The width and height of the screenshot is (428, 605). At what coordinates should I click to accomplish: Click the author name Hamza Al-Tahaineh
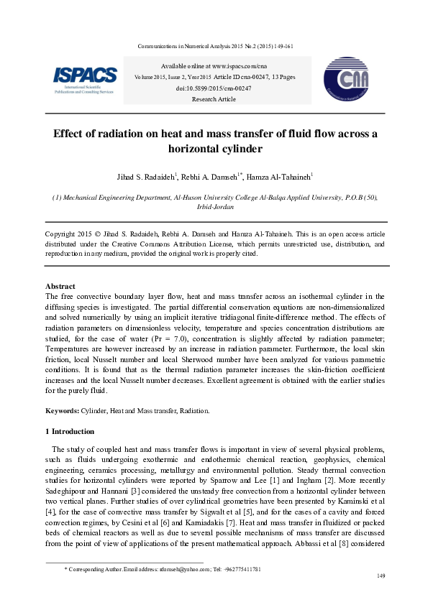[279, 177]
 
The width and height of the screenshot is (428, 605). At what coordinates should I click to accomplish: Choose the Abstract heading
[60, 286]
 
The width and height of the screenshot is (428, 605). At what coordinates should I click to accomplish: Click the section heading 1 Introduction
[69, 431]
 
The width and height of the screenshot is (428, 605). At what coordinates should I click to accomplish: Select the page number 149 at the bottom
[382, 576]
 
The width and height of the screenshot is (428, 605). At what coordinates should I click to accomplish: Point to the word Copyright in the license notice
[60, 234]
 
